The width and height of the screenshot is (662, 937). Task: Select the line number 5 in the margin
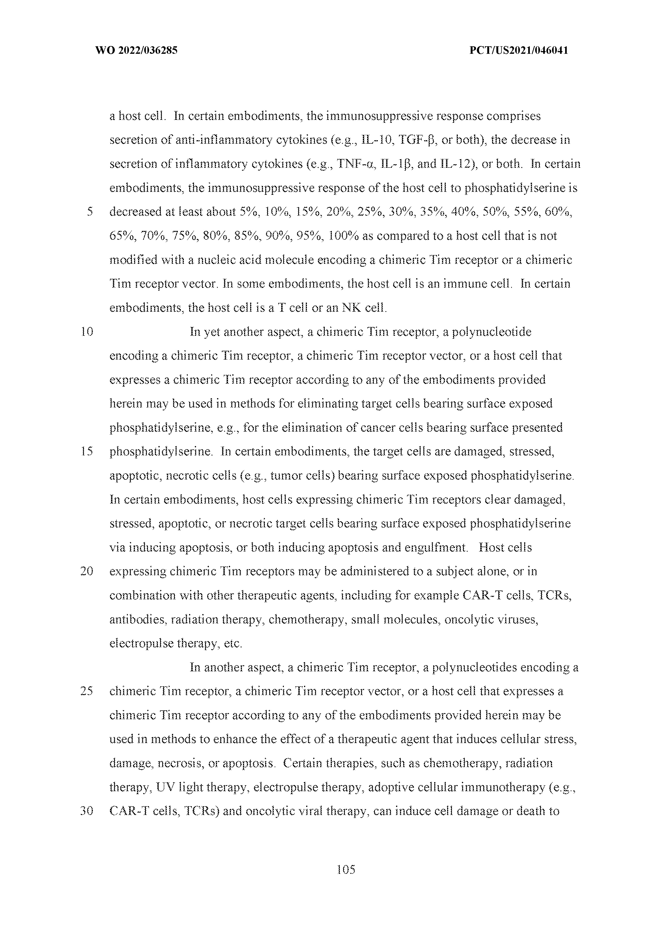pyautogui.click(x=90, y=212)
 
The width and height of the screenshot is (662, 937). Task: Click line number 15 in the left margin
pyautogui.click(x=87, y=451)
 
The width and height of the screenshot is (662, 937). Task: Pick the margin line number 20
pyautogui.click(x=87, y=571)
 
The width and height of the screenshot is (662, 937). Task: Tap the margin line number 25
pyautogui.click(x=87, y=691)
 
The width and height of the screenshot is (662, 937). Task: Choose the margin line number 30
pyautogui.click(x=87, y=811)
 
